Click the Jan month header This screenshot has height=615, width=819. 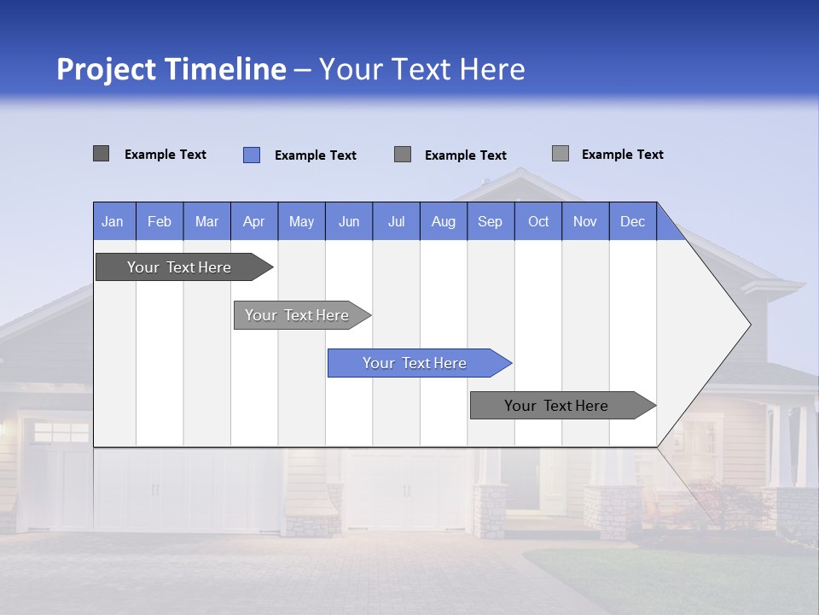point(113,221)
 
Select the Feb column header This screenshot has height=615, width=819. point(160,221)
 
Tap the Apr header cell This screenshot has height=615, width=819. point(254,221)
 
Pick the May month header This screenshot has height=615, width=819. point(301,221)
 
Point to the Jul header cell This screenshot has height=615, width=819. point(396,221)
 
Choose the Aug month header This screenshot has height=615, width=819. point(444,221)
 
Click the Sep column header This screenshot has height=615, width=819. point(491,221)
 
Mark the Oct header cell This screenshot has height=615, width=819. point(538,221)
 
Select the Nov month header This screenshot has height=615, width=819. point(585,221)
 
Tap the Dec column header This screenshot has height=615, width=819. point(633,221)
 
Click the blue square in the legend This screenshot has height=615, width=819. point(252,155)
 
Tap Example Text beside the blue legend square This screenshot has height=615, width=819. point(316,155)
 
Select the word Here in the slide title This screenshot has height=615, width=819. point(492,69)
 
